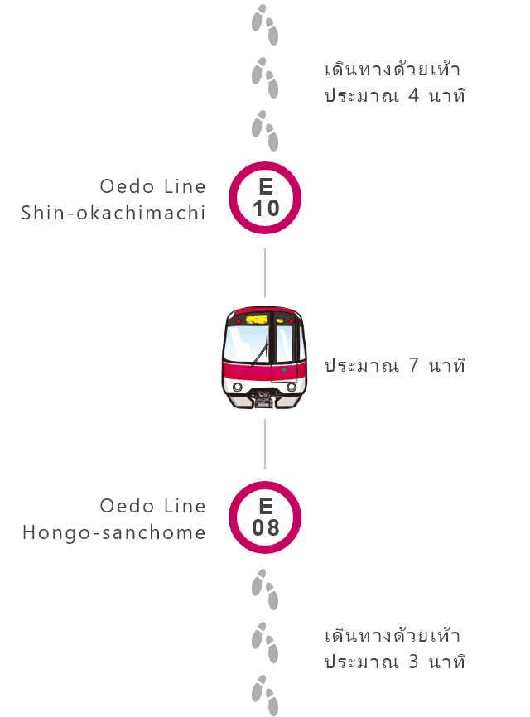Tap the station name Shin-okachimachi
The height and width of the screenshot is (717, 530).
pos(113,213)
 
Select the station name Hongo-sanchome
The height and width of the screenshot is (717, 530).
pos(113,532)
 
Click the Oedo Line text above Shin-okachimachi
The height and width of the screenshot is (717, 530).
pos(152,186)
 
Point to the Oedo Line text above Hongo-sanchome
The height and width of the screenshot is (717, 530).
pos(152,506)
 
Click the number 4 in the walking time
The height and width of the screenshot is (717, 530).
pos(413,95)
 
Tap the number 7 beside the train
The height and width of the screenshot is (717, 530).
pos(413,365)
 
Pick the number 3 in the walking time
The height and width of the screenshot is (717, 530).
pos(413,662)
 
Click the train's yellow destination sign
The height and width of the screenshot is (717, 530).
pos(257,320)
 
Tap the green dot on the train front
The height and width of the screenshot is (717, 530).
pos(284,369)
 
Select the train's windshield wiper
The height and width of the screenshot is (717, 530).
pos(260,351)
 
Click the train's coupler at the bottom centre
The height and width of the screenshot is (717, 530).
pos(265,399)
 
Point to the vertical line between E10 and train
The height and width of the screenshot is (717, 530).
pos(265,272)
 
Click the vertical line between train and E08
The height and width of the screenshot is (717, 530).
pos(265,444)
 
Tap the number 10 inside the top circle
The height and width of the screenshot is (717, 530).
pos(266,209)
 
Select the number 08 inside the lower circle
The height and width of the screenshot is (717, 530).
pos(266,527)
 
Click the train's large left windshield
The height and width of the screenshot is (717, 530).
pos(247,344)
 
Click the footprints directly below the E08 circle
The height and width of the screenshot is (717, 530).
pos(265,589)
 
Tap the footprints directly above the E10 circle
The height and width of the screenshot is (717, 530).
pos(265,130)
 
